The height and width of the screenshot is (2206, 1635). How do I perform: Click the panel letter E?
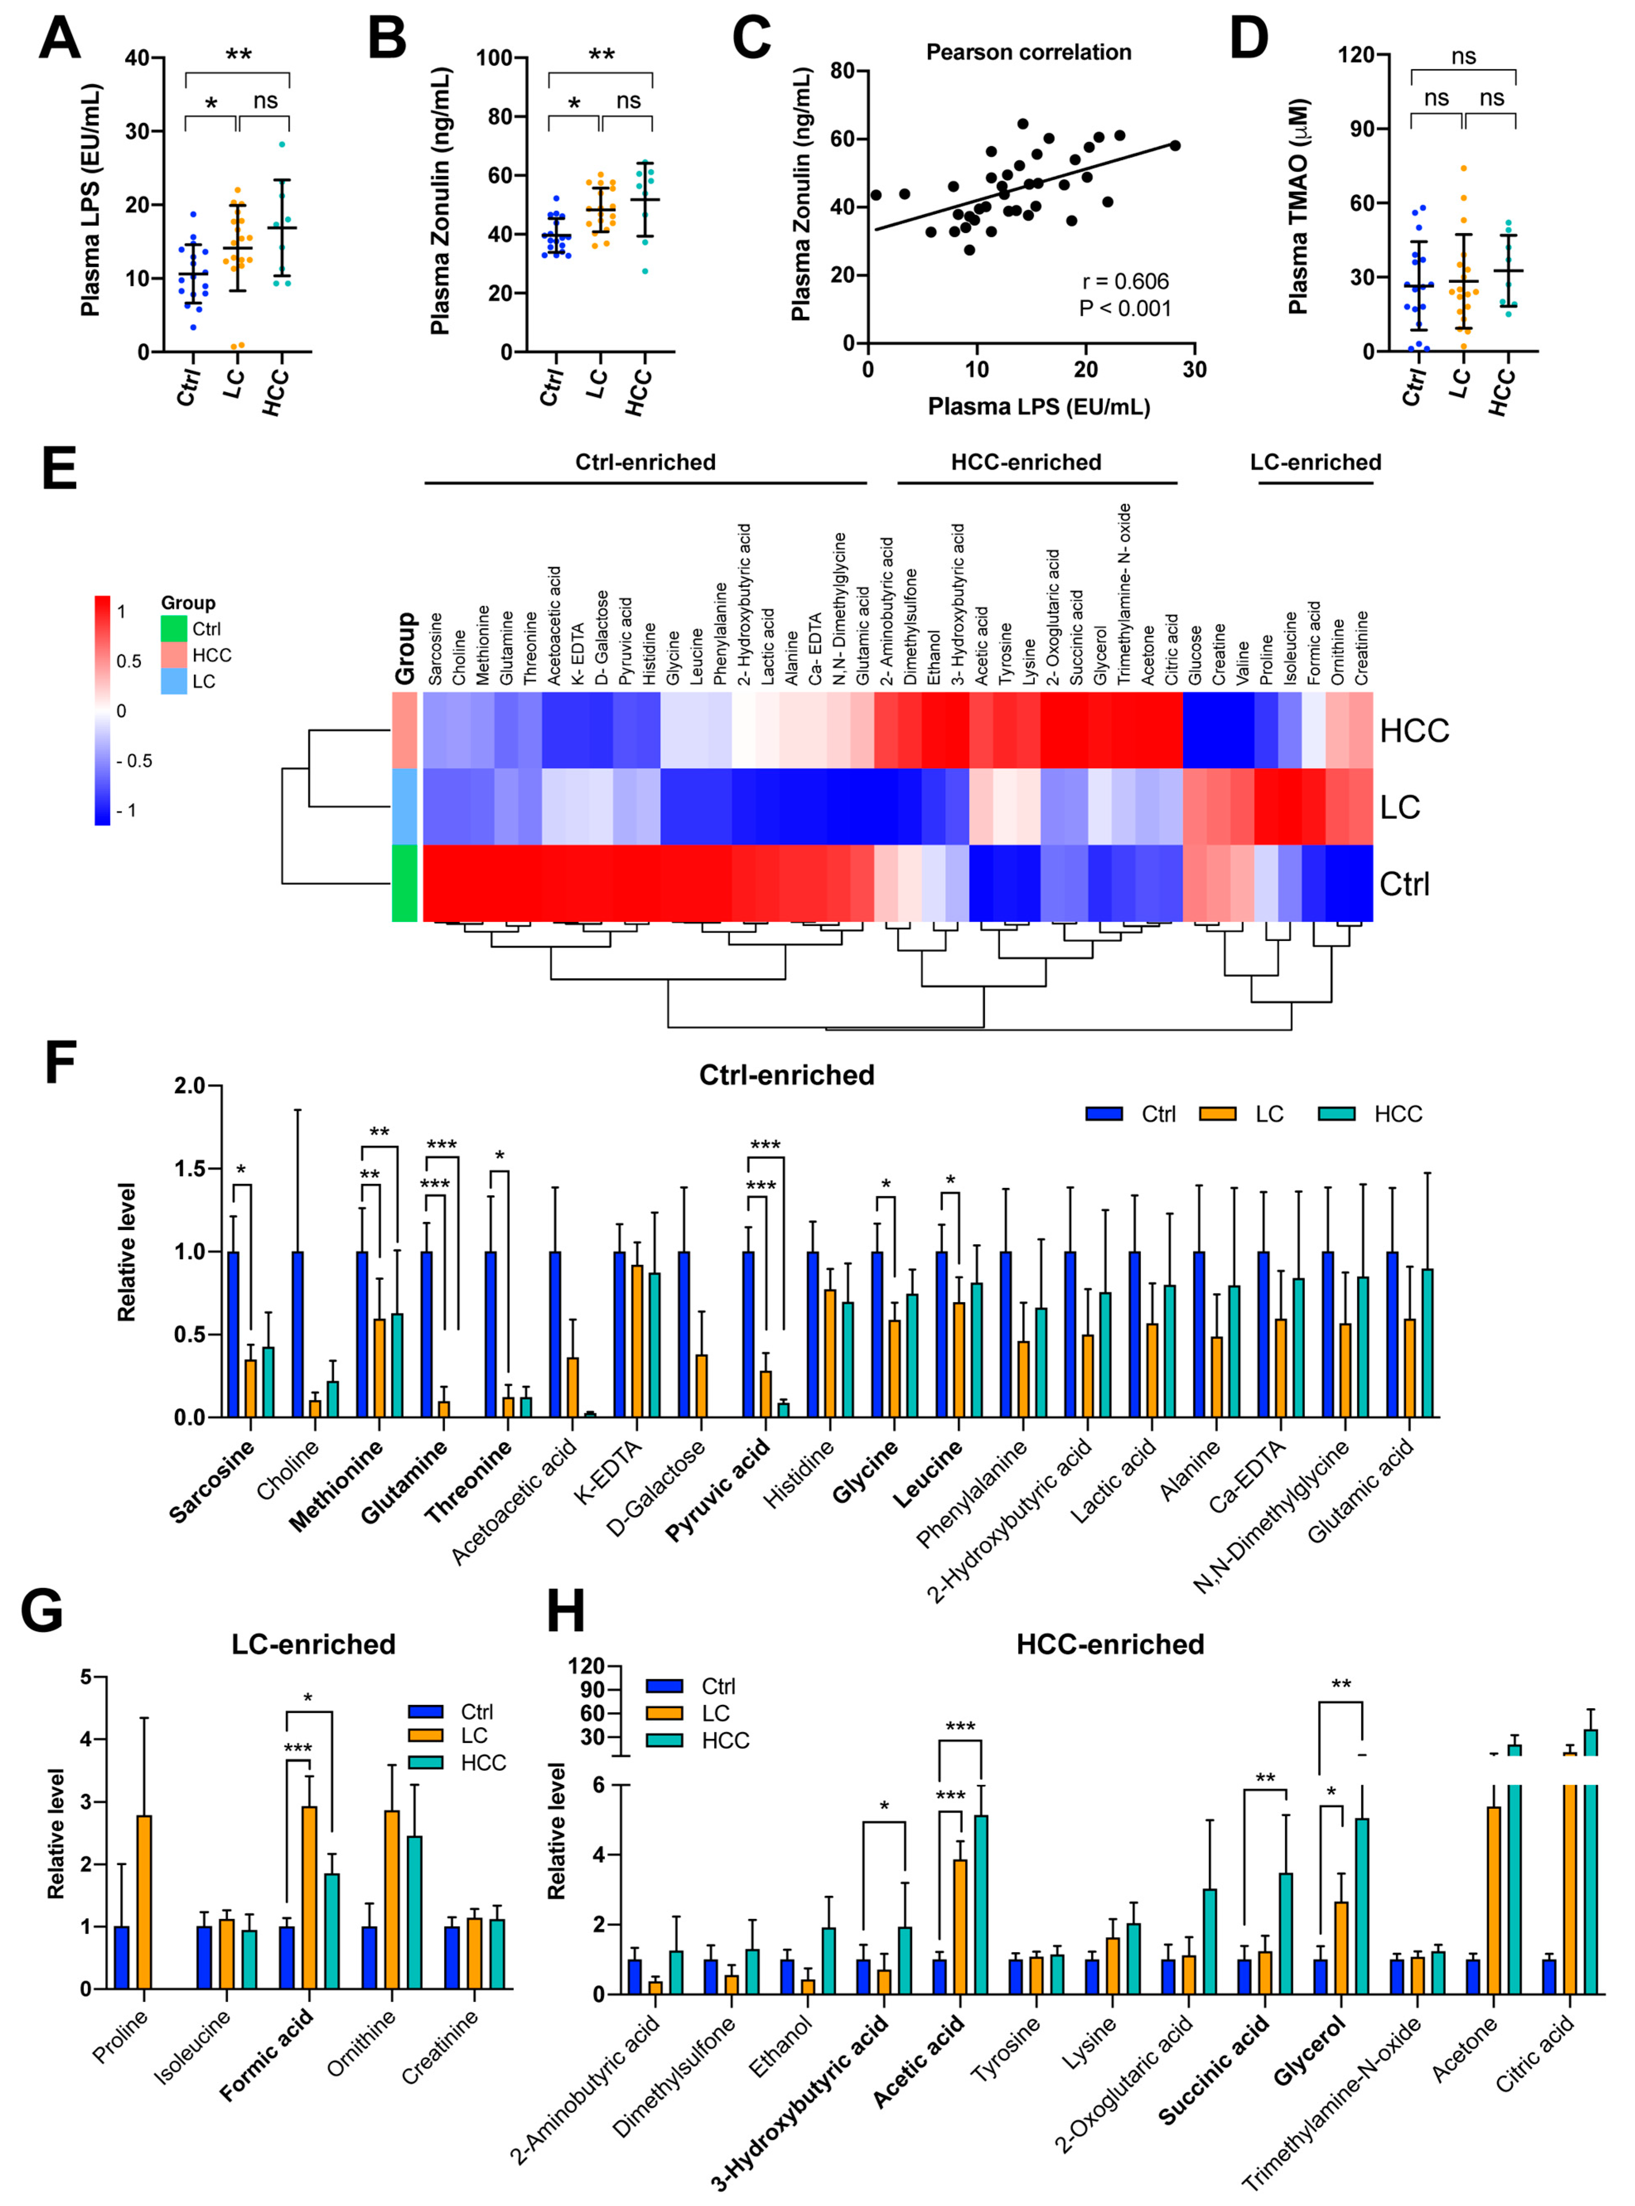point(59,469)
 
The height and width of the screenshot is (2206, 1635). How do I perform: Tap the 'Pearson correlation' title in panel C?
point(1028,53)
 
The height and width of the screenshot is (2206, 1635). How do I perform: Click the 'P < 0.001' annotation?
point(1125,309)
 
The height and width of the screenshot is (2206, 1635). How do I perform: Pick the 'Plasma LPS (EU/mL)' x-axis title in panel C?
point(1038,407)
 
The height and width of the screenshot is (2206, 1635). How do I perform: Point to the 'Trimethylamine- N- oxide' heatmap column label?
point(1123,594)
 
